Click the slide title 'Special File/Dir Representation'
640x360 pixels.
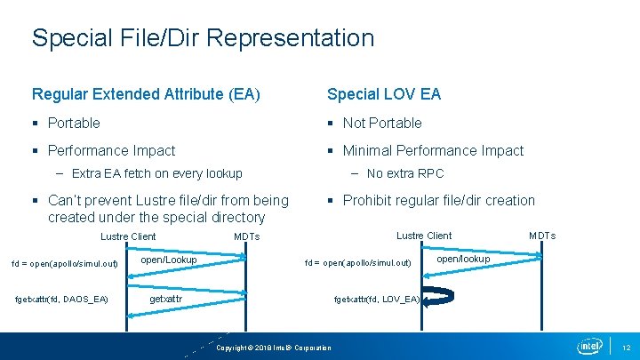pyautogui.click(x=203, y=38)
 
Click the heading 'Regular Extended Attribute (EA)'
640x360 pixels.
pyautogui.click(x=146, y=94)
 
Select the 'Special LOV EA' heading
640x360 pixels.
pyautogui.click(x=384, y=94)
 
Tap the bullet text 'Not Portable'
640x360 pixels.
pyautogui.click(x=382, y=123)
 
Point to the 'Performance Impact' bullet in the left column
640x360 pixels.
pyautogui.click(x=111, y=151)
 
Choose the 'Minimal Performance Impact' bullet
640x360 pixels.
pyautogui.click(x=433, y=151)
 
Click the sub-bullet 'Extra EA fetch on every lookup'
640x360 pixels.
pyautogui.click(x=156, y=173)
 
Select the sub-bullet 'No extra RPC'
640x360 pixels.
pyautogui.click(x=405, y=173)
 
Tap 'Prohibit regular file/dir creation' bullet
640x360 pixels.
pyautogui.click(x=438, y=201)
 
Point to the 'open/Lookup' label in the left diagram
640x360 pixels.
pyautogui.click(x=169, y=260)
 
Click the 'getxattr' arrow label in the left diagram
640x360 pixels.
pyautogui.click(x=165, y=300)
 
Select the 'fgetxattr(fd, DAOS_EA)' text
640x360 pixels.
pyautogui.click(x=62, y=299)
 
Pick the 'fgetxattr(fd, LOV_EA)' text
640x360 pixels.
pyautogui.click(x=377, y=300)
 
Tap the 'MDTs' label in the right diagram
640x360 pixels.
pyautogui.click(x=542, y=236)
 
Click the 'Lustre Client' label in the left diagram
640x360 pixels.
pyautogui.click(x=128, y=236)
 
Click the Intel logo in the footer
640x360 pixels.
pyautogui.click(x=589, y=346)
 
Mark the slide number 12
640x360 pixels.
pyautogui.click(x=625, y=347)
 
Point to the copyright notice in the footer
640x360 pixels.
pyautogui.click(x=275, y=348)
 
